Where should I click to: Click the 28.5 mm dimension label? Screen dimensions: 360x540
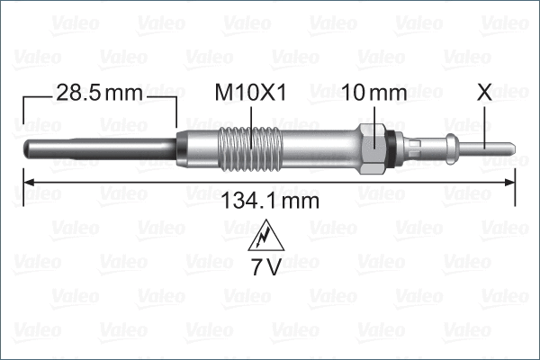(98, 92)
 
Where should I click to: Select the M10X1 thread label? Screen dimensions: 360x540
(252, 92)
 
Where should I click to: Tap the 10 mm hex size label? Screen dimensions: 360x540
(376, 92)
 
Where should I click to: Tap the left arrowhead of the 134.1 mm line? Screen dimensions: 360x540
(27, 183)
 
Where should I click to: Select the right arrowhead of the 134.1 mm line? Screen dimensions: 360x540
(511, 183)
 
